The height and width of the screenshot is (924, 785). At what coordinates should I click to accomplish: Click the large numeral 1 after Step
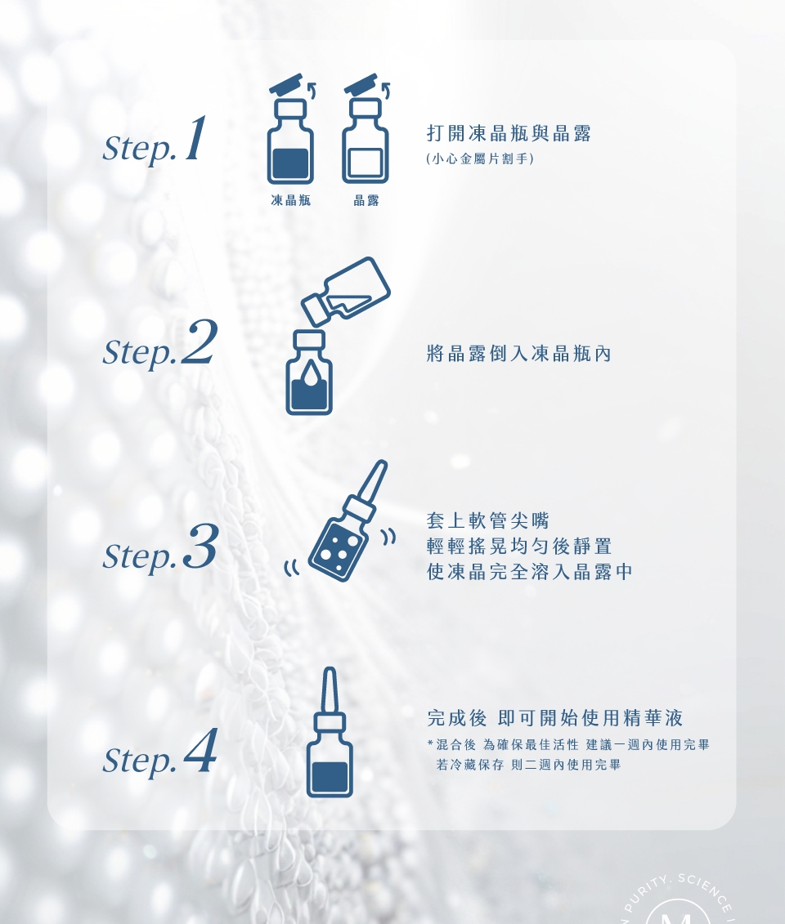tap(195, 138)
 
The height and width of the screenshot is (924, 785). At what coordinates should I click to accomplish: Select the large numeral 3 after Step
tap(200, 547)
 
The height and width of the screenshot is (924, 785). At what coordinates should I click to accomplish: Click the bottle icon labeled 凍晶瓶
tap(290, 129)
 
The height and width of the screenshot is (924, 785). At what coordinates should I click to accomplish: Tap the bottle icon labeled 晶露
tap(366, 129)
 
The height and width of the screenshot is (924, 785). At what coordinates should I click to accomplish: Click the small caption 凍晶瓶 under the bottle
tap(291, 200)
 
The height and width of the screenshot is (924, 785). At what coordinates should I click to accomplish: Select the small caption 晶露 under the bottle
tap(366, 200)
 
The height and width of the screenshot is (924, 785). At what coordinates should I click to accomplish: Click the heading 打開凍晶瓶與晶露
tap(509, 133)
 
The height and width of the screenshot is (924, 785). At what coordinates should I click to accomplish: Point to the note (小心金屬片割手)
tap(480, 158)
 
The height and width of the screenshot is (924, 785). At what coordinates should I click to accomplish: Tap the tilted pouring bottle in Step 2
tap(346, 291)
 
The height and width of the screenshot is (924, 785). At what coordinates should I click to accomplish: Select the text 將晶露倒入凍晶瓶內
tap(519, 354)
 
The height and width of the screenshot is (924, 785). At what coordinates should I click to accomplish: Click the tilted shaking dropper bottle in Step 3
tap(348, 521)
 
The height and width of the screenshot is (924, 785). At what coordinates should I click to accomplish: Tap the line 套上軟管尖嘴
tap(487, 520)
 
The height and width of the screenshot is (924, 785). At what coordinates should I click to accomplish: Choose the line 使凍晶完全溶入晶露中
tap(530, 571)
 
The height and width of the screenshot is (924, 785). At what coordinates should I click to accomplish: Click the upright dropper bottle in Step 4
tap(330, 733)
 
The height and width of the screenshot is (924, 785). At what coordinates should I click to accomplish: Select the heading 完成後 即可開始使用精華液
tap(555, 718)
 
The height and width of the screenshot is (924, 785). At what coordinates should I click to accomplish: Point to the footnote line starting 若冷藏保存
tap(528, 765)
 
